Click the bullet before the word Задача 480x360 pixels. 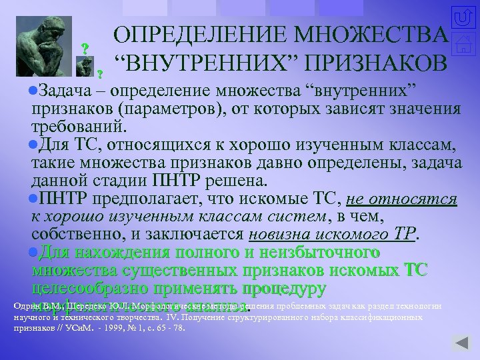coord(34,89)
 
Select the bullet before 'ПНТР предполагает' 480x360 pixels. coord(34,198)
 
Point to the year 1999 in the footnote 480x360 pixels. coord(127,328)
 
